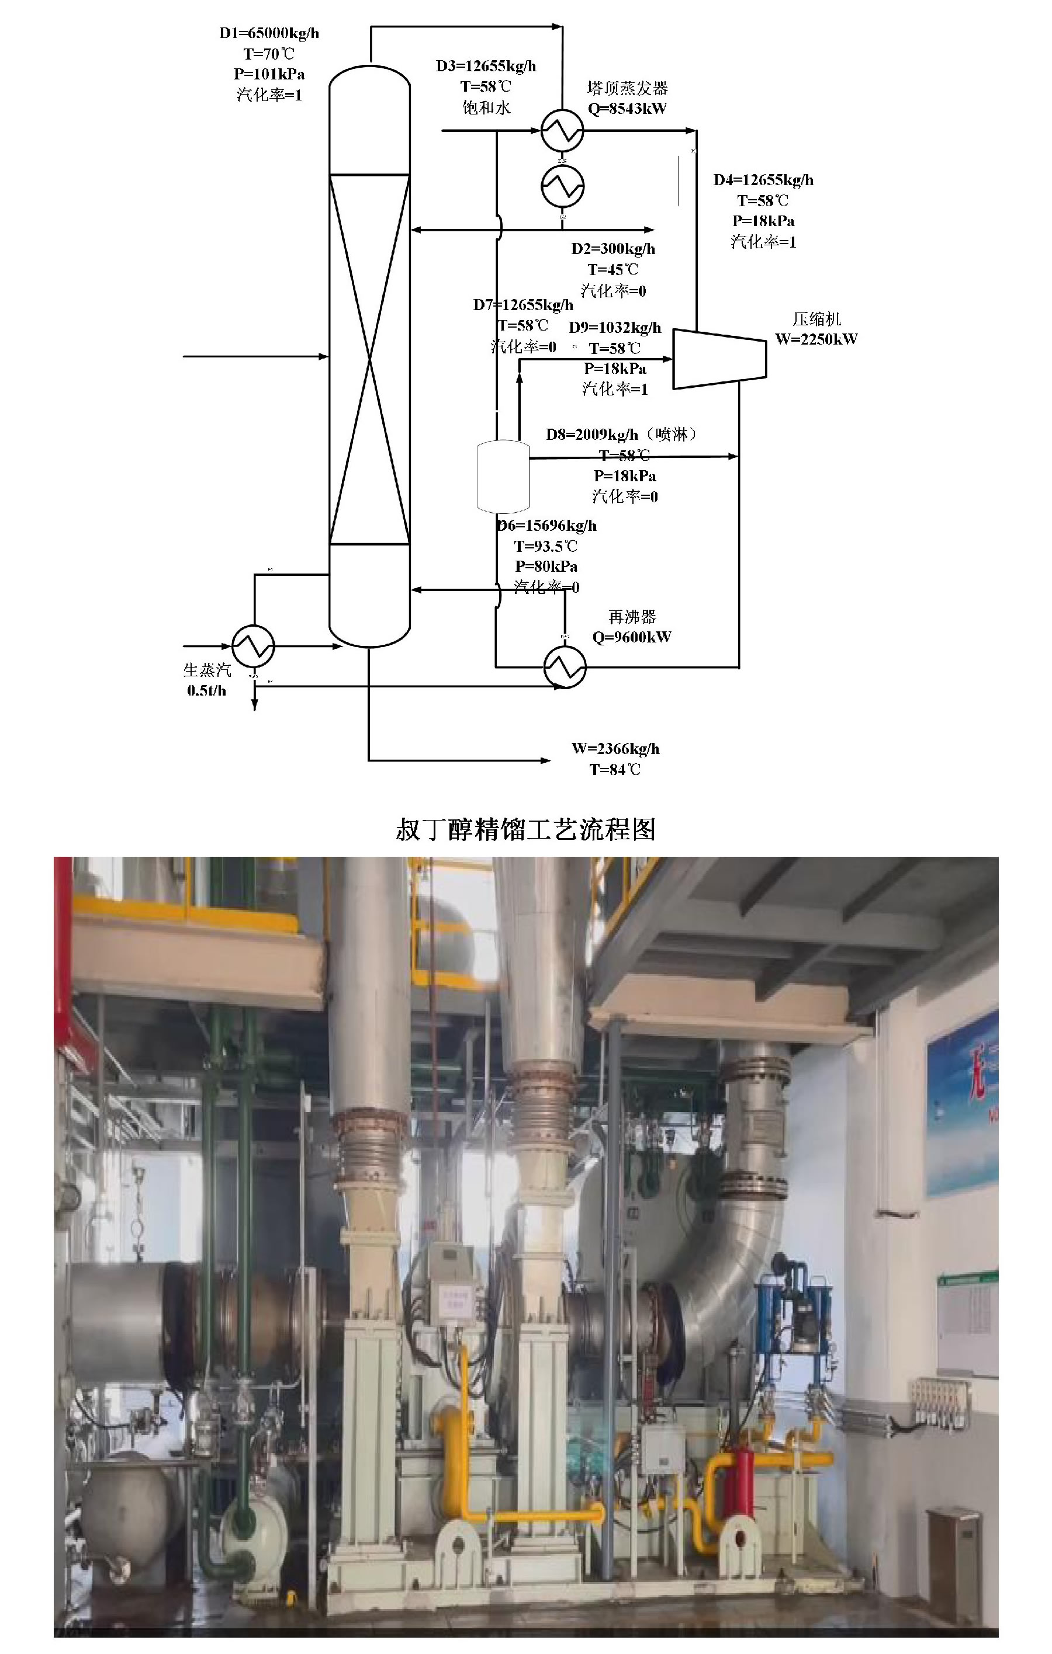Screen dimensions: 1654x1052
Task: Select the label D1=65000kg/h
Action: [x=269, y=33]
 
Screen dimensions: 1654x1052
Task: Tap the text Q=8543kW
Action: [x=627, y=109]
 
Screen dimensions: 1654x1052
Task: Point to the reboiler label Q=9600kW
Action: [x=631, y=637]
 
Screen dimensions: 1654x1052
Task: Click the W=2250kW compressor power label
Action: [x=816, y=339]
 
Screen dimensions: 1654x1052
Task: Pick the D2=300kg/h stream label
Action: [x=613, y=249]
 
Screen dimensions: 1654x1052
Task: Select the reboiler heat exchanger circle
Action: [x=565, y=666]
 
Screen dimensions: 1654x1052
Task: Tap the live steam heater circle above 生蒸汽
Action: [x=253, y=646]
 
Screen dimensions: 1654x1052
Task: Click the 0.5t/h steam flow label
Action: [x=206, y=691]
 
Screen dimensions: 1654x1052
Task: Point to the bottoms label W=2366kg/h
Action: [x=615, y=749]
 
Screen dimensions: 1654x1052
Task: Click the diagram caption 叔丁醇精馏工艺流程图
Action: [x=525, y=830]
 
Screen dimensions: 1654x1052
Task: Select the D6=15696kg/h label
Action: [x=547, y=526]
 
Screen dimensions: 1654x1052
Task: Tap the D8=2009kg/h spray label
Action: [x=622, y=434]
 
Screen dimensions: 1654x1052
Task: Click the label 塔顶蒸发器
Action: [x=627, y=88]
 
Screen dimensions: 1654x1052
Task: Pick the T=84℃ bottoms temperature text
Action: [x=615, y=769]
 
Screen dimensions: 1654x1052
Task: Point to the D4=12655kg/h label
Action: [x=763, y=180]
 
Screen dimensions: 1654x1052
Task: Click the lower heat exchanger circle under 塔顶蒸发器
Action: [x=562, y=186]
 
